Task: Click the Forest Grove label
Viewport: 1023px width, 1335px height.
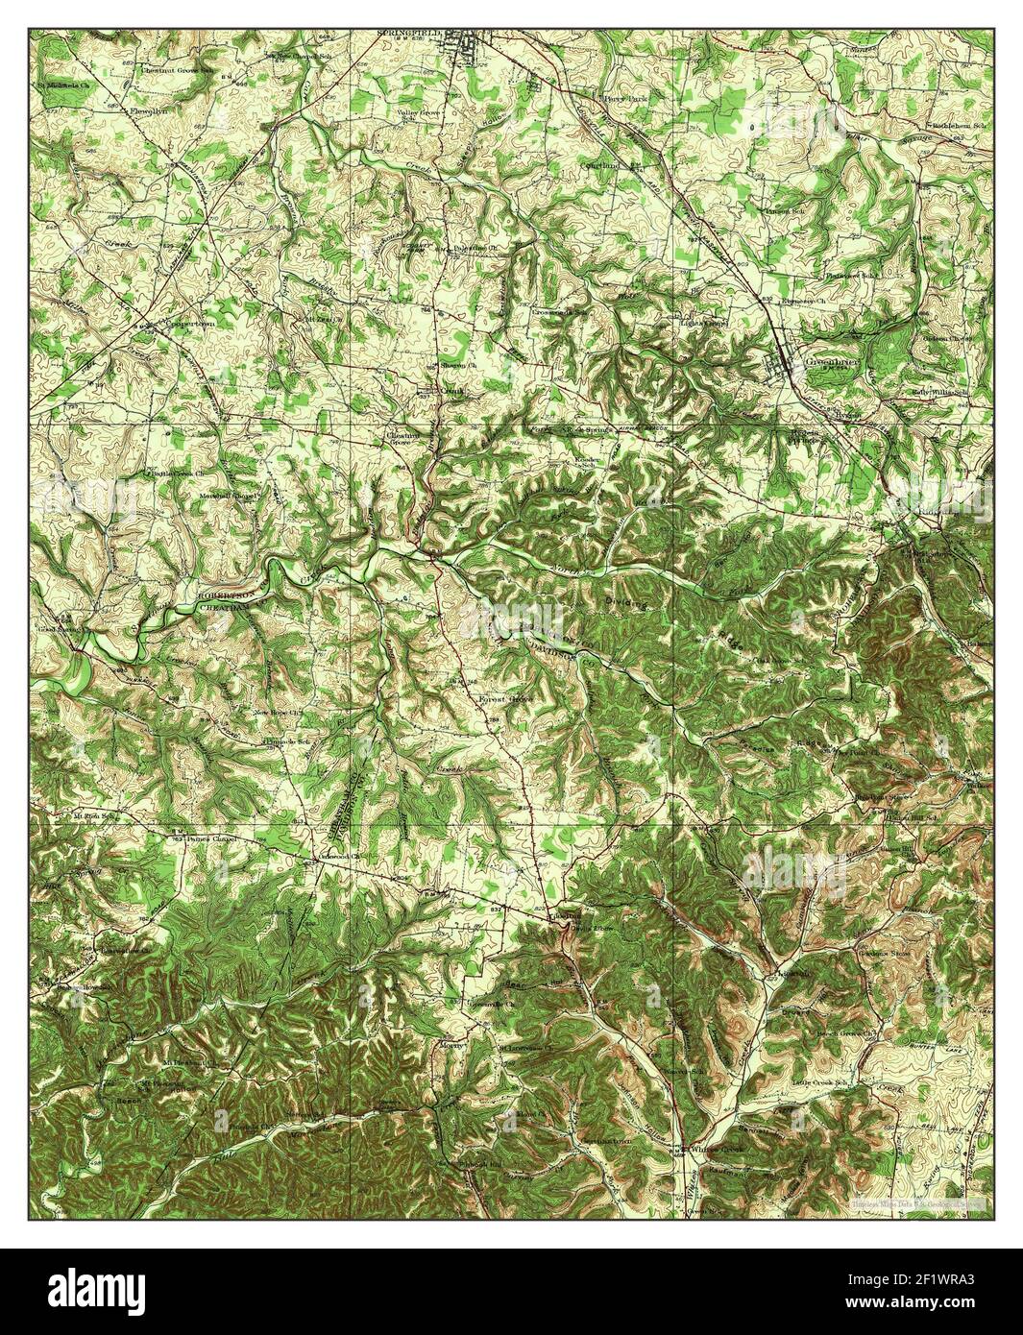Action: (505, 699)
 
